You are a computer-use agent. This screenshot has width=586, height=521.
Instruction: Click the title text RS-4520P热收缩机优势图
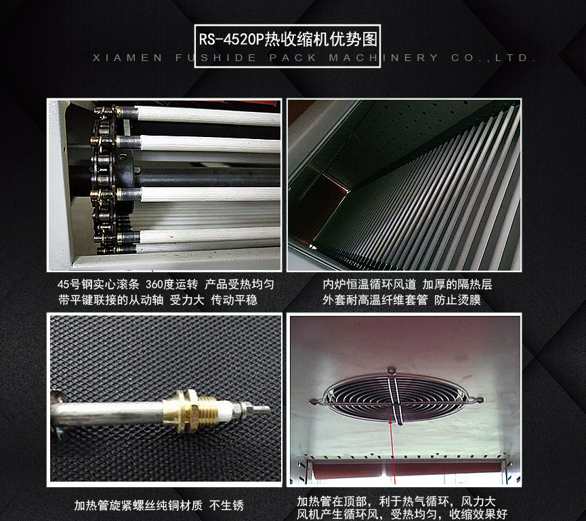point(288,39)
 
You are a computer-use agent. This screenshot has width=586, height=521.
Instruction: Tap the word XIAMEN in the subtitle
point(127,58)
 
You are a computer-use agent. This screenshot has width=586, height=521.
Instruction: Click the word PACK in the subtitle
point(293,58)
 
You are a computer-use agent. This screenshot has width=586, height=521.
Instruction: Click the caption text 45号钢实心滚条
point(98,284)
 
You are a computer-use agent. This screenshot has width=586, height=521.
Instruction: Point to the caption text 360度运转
point(172,284)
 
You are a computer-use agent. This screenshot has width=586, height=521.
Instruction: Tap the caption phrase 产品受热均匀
point(239,284)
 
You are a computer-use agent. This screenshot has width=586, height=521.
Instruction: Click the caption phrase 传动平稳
point(234,300)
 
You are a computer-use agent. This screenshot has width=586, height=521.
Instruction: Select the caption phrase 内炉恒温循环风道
point(369,284)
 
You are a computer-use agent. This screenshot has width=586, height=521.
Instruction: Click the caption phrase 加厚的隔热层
point(457,284)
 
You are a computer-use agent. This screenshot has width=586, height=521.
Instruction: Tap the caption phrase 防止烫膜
point(457,300)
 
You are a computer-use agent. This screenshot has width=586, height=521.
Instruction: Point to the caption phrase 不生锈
point(226,505)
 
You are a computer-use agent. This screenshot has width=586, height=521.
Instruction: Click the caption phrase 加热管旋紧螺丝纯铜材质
point(138,505)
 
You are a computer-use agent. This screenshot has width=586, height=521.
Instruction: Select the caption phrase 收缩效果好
point(478,514)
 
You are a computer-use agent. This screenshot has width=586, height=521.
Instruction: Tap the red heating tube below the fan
point(406,469)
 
